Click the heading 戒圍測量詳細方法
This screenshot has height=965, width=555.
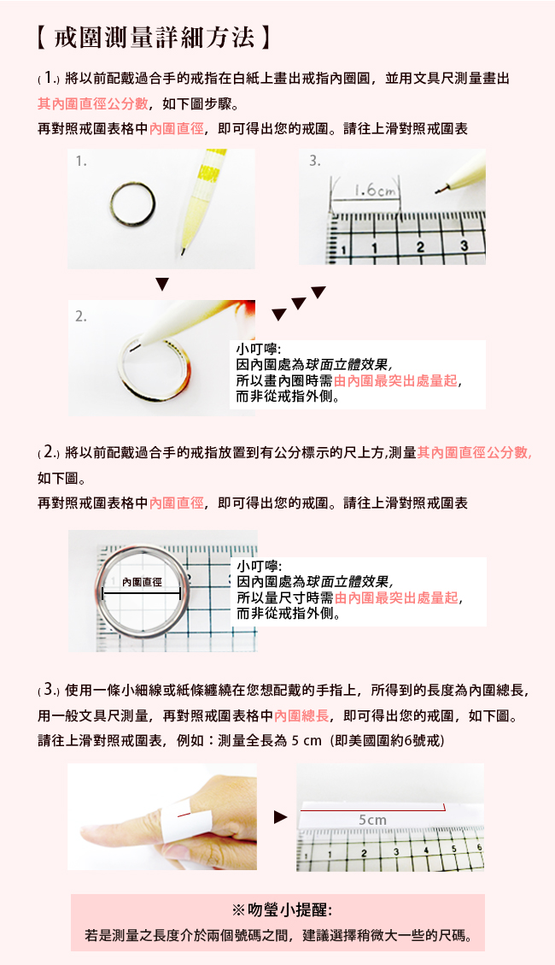click(x=155, y=38)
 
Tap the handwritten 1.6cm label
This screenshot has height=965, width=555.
click(x=374, y=191)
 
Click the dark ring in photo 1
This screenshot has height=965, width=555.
click(x=132, y=205)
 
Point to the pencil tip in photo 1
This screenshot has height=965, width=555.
click(x=183, y=251)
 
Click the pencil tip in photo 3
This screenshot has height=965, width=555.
click(x=438, y=191)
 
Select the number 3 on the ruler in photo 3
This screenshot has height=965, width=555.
click(x=464, y=245)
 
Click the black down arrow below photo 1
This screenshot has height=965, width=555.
click(x=161, y=285)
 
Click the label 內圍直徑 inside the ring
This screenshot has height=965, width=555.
click(x=142, y=581)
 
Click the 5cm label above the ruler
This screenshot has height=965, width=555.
click(x=372, y=820)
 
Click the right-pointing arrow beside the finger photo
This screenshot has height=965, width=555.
click(x=280, y=817)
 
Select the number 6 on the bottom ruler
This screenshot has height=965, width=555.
click(x=480, y=848)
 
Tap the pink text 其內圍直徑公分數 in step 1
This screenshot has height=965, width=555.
click(x=93, y=103)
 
